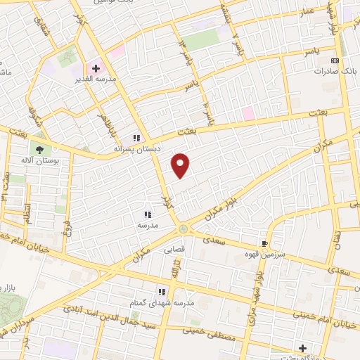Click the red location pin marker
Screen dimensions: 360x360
tap(181, 166)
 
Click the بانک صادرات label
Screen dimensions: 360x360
tap(331, 72)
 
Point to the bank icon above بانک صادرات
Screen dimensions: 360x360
tap(335, 61)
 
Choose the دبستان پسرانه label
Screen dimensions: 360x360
tap(139, 149)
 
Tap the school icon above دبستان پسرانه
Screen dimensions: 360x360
tap(138, 138)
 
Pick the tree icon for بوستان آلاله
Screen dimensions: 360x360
tap(38, 148)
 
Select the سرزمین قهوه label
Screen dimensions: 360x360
tap(264, 255)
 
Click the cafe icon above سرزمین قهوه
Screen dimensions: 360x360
tap(264, 243)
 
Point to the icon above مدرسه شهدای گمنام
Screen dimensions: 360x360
tap(161, 292)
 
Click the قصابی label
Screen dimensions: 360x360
tap(174, 249)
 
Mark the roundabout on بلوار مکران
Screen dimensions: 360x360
tap(184, 229)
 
